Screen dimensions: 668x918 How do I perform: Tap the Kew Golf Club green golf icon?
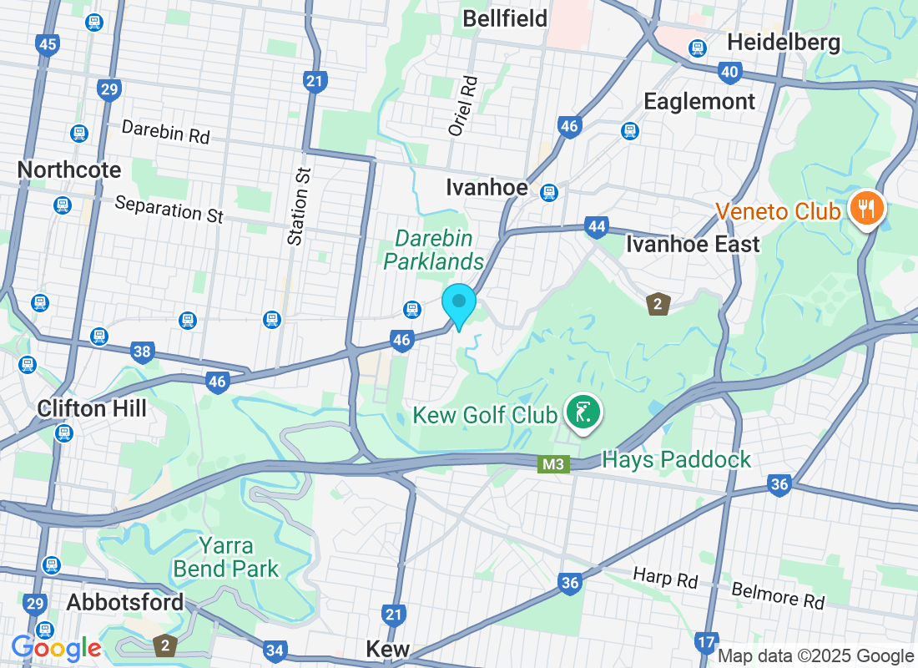[583, 412]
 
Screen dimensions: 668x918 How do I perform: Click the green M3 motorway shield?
[552, 463]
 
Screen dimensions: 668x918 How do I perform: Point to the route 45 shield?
[48, 44]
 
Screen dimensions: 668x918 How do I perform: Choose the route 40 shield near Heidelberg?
[729, 73]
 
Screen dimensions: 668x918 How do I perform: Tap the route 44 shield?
[596, 226]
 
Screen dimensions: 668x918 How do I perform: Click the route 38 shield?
[142, 352]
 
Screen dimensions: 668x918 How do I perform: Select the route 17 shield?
[705, 642]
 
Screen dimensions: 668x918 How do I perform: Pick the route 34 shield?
[275, 650]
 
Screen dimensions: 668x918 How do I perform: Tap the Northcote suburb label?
[69, 170]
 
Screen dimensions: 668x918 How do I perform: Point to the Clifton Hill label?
[92, 408]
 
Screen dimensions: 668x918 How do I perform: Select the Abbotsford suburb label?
[124, 602]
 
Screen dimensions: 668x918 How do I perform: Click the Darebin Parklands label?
[433, 250]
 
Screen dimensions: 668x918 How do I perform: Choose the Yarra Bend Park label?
[225, 558]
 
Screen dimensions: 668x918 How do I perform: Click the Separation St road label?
[169, 209]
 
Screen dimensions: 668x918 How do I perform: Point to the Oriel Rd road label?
[464, 106]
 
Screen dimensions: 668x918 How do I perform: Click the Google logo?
[56, 647]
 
